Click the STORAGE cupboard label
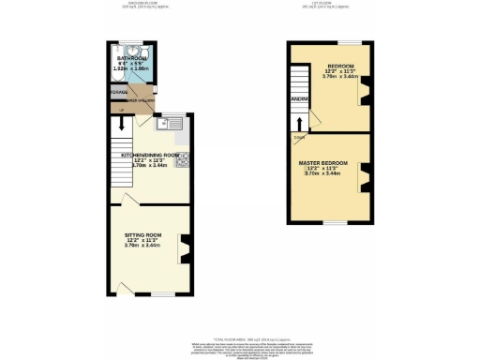coord(118,93)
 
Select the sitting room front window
coord(164,294)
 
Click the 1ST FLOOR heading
coord(328,4)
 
